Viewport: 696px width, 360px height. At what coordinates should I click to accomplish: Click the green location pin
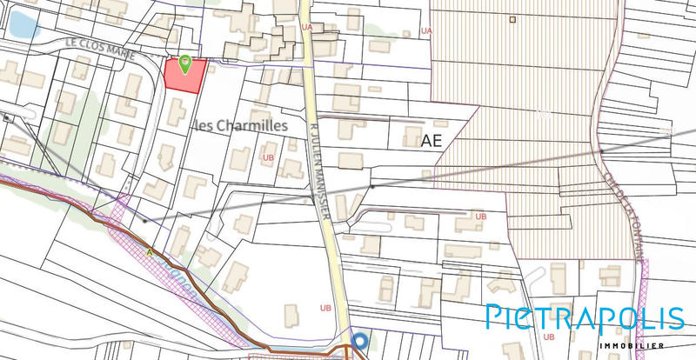184,63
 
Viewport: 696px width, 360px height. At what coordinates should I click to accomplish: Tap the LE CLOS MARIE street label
89,45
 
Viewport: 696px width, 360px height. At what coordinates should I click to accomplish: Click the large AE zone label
432,139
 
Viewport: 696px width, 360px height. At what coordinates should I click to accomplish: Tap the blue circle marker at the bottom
359,341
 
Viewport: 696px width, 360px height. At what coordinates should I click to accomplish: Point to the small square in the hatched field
512,19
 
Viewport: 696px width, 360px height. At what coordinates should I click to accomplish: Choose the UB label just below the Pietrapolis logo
548,336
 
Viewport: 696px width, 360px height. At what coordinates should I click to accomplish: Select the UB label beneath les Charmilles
266,157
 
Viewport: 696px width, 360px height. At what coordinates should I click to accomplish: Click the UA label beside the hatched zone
425,30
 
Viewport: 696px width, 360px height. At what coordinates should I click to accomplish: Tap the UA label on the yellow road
306,27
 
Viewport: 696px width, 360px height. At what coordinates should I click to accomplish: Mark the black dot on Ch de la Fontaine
602,150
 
